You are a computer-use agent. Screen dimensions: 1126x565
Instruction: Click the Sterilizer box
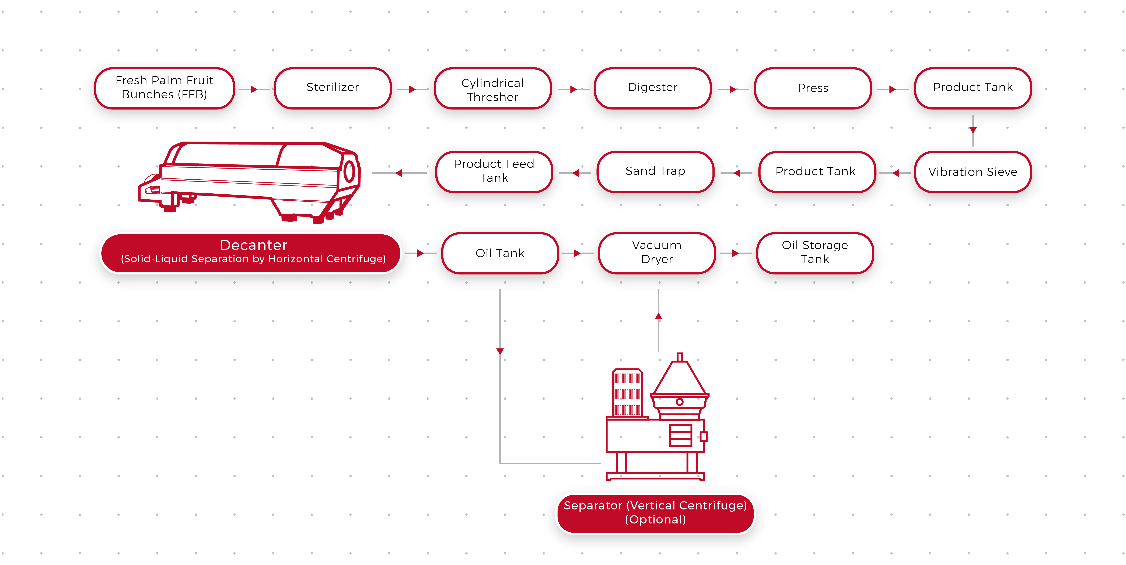(333, 88)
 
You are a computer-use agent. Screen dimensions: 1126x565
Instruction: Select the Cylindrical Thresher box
(493, 88)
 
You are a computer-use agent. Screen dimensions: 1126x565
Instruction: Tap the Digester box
(653, 88)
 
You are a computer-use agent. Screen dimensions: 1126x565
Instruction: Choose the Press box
(813, 88)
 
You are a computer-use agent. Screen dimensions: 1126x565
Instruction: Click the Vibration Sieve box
(973, 172)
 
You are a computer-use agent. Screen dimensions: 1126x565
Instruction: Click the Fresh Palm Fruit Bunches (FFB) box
(164, 88)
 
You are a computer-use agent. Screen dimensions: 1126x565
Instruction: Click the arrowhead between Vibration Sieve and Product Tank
(896, 173)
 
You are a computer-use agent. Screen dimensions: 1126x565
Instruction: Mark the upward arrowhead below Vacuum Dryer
(659, 316)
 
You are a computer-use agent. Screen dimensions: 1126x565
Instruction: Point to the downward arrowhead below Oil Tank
(500, 351)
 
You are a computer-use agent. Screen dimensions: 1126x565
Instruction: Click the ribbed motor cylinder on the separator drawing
(627, 393)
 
